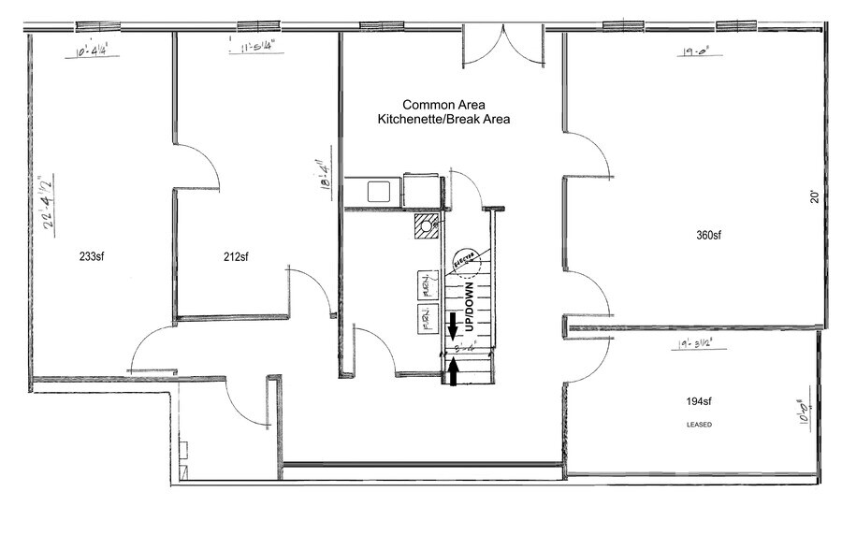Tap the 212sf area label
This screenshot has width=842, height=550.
pos(236,256)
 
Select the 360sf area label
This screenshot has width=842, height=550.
pos(710,235)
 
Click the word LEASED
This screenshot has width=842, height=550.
pos(699,425)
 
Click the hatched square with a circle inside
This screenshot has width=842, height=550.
pos(428,225)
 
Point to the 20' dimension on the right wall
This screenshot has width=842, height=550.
pos(814,197)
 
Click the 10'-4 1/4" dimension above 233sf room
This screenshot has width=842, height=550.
pos(94,51)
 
